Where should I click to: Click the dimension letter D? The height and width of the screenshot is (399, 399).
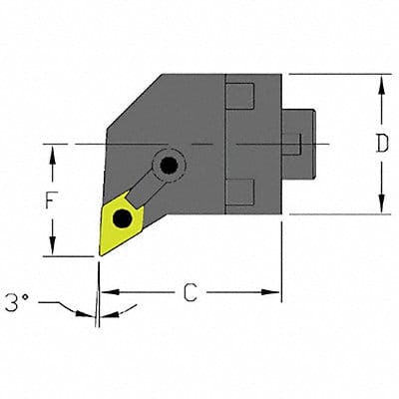coord(381,144)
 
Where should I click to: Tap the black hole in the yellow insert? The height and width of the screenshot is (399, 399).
coord(123,217)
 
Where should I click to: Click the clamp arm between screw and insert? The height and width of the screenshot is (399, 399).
coord(152,185)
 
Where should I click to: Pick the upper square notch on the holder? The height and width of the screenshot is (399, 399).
coord(239,98)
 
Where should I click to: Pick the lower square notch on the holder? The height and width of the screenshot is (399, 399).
coord(239,188)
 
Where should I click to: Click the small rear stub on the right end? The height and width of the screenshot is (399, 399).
coord(298,145)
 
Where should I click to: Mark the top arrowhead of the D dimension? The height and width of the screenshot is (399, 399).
coord(381,82)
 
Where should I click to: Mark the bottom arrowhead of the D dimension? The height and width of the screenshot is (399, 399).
coord(381,206)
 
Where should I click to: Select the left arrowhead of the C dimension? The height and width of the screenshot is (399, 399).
coord(107,293)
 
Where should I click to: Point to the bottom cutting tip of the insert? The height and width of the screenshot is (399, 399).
coord(100,254)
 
